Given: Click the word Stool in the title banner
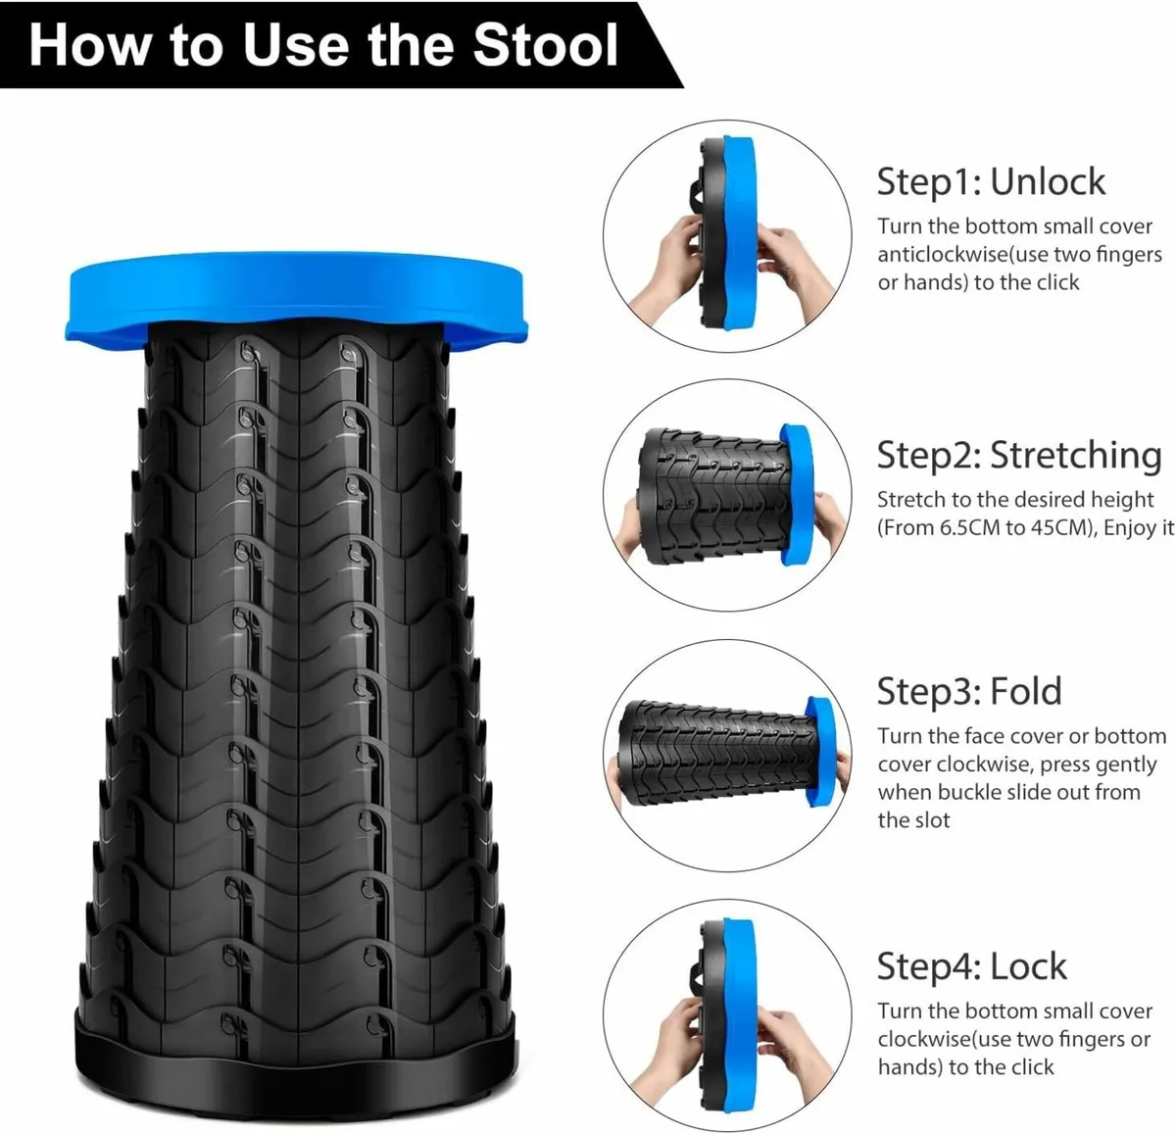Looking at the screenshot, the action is click(546, 45).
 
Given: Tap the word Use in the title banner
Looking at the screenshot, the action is click(296, 45).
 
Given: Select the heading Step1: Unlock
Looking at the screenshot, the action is click(991, 181).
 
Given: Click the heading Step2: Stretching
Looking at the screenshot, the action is click(1019, 455).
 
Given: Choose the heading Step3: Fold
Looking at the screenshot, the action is click(969, 691).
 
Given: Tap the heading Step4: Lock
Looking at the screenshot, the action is click(972, 966).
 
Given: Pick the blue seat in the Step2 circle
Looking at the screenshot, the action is click(797, 494).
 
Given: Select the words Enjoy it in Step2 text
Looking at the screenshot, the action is click(1139, 528).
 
